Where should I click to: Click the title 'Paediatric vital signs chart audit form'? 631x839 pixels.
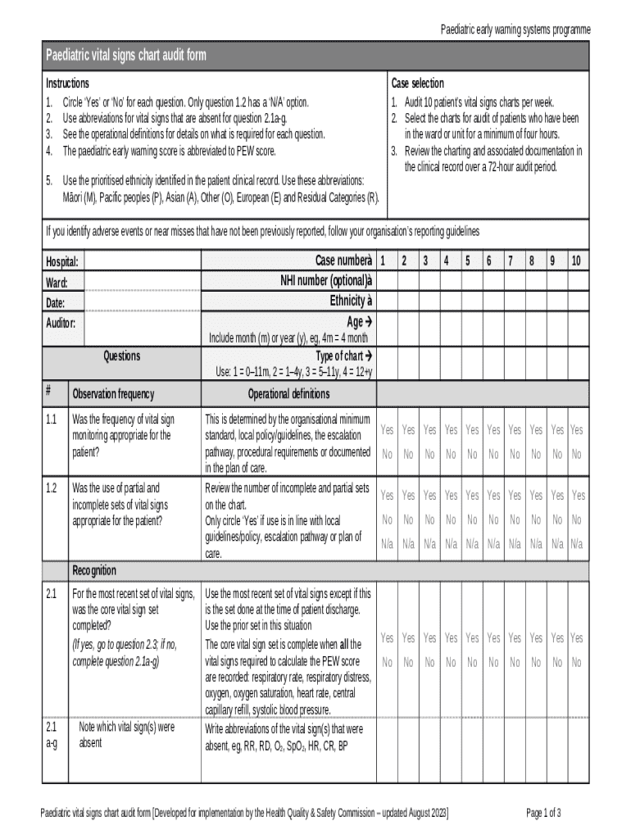point(125,56)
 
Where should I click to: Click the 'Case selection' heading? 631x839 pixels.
point(417,84)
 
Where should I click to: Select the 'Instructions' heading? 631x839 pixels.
point(67,84)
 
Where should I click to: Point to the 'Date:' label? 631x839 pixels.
point(57,303)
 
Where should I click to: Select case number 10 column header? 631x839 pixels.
point(577,261)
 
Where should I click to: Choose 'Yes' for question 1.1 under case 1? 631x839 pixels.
point(387,430)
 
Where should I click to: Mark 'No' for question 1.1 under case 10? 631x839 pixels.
point(577,454)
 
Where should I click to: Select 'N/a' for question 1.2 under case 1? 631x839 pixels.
point(387,543)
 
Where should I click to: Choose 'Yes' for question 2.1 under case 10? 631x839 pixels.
point(577,638)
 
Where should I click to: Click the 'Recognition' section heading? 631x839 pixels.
point(94,570)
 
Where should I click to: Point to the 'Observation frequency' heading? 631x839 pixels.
point(113,394)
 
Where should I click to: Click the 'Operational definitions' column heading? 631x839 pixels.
point(288,394)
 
